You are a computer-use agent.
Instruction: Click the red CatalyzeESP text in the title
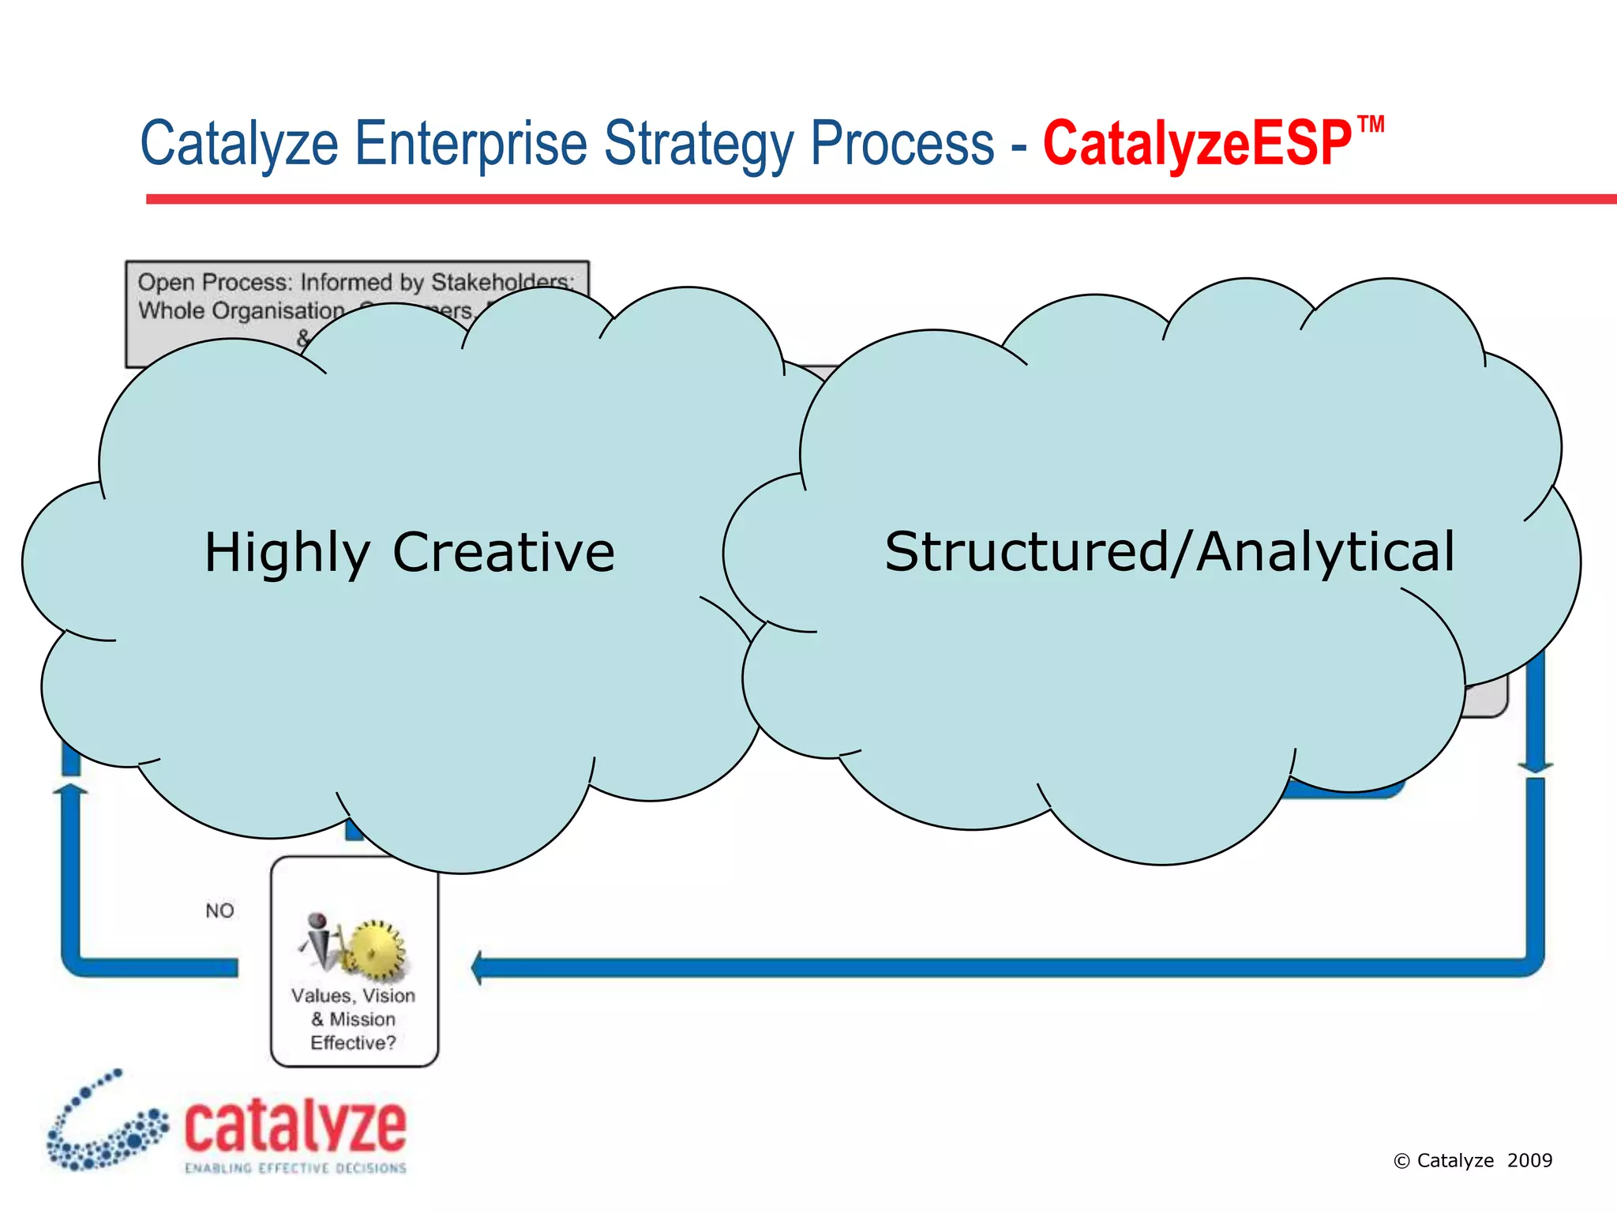[x=1196, y=144]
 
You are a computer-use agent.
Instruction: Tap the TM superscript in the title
[x=1371, y=125]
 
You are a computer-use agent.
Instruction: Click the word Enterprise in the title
[x=471, y=144]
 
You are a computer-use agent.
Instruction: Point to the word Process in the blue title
[x=902, y=144]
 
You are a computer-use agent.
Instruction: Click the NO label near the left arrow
[x=219, y=911]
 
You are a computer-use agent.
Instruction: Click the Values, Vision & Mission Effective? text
[x=353, y=1019]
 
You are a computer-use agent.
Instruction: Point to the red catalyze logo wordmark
[x=295, y=1126]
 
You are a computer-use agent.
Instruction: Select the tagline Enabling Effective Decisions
[x=295, y=1168]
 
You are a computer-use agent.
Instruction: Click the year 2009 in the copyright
[x=1529, y=1160]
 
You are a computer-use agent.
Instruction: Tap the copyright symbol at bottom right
[x=1401, y=1161]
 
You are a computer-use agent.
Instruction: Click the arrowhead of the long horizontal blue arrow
[x=478, y=967]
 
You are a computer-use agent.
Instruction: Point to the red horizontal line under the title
[x=869, y=199]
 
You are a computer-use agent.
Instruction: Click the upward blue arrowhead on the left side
[x=70, y=789]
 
